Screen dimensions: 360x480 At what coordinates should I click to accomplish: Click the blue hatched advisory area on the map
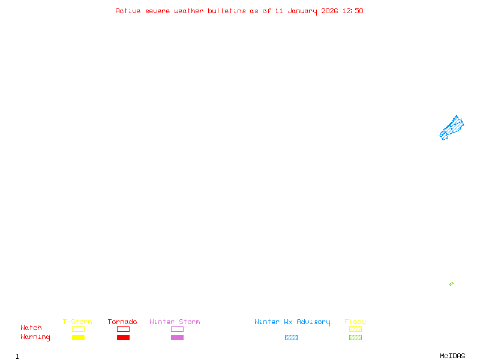pos(451,127)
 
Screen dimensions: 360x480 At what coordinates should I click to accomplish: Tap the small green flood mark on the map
pos(451,284)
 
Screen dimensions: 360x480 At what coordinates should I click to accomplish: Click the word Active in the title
pos(128,11)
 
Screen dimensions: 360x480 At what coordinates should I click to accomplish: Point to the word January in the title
pos(302,11)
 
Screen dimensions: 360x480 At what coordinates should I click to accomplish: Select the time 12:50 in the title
pos(353,11)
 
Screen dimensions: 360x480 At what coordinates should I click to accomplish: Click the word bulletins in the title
pos(227,11)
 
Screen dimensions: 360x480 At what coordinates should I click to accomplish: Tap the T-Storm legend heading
pos(77,322)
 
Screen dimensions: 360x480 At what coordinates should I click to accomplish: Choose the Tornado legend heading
pos(122,322)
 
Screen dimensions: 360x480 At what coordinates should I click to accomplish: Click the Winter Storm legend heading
pos(175,322)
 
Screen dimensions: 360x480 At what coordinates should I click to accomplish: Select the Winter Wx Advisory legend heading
pos(292,322)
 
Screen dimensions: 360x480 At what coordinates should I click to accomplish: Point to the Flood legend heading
pos(355,322)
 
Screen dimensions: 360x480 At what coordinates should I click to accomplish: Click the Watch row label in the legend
pos(31,328)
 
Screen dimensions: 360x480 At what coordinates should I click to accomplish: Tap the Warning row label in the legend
pos(35,337)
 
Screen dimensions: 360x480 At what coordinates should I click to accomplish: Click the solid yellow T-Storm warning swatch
pos(78,337)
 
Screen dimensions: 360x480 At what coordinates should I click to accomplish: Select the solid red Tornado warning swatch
pos(123,337)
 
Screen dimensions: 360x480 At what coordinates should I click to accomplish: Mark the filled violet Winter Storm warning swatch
pos(177,337)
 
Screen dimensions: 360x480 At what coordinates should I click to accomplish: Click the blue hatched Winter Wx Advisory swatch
pos(291,337)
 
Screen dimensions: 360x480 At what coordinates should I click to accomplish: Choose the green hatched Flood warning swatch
pos(355,337)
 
